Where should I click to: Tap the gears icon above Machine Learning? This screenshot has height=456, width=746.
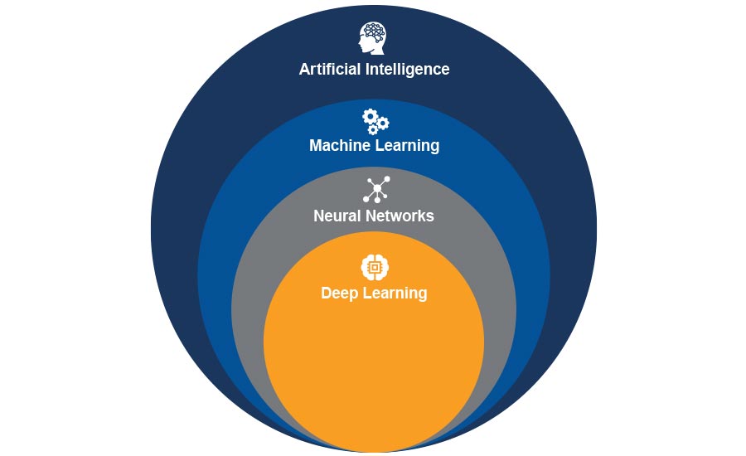pos(375,121)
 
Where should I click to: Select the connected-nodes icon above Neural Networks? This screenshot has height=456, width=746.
pos(375,189)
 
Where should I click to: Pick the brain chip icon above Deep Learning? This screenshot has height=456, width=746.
pos(375,267)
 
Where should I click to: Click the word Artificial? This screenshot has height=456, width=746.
pos(330,69)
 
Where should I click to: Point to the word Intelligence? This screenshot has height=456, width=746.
pos(408,69)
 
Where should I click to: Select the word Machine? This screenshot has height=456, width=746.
pos(340,146)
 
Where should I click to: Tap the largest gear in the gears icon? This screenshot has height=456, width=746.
pos(370,116)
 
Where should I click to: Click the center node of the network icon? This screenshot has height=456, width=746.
pos(377,190)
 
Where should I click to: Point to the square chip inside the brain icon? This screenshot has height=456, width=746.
pos(375,267)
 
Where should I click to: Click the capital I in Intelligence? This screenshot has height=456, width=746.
pos(368,69)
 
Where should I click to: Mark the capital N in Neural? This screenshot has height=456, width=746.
pos(319,216)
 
